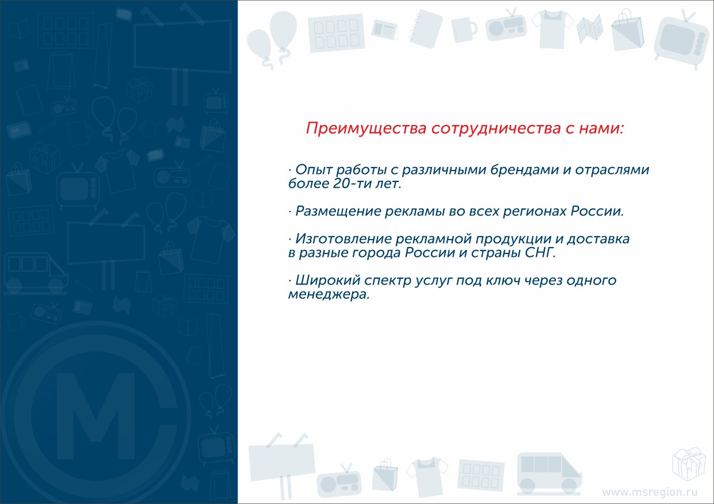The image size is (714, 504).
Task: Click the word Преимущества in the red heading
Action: tap(366, 128)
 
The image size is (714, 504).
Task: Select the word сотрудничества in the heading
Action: tap(496, 128)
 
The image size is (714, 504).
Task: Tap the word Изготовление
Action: tap(343, 239)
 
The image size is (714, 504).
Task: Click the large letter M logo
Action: tap(96, 416)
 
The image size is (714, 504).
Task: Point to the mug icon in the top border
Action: tap(464, 29)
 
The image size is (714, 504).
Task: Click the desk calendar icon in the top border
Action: tap(385, 29)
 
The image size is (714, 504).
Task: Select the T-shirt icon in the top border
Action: tap(553, 29)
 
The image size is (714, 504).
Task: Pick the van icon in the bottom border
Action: tap(549, 474)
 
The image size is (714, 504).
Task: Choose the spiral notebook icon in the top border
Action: tap(426, 29)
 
